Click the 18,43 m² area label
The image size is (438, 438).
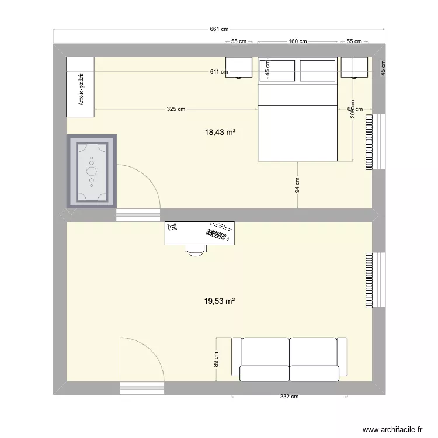(x=220, y=133)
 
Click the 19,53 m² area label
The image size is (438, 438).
(x=220, y=301)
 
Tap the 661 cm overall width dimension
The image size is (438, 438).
(x=220, y=29)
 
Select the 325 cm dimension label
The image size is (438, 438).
(x=176, y=109)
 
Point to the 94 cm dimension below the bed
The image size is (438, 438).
(x=297, y=185)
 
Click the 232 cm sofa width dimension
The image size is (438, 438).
(x=289, y=397)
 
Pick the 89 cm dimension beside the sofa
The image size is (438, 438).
(x=215, y=359)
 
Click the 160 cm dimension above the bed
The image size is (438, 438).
(x=298, y=41)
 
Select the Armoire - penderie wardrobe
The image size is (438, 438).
(x=80, y=87)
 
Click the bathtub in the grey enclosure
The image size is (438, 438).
(x=92, y=171)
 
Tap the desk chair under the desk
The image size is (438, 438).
(x=196, y=249)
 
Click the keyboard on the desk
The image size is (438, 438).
(x=216, y=235)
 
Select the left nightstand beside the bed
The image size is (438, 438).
(x=239, y=67)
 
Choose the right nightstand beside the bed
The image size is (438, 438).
(x=354, y=67)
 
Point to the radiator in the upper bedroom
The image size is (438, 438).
(x=369, y=142)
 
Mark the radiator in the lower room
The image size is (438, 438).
(x=369, y=280)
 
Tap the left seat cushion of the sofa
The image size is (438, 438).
(x=265, y=372)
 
